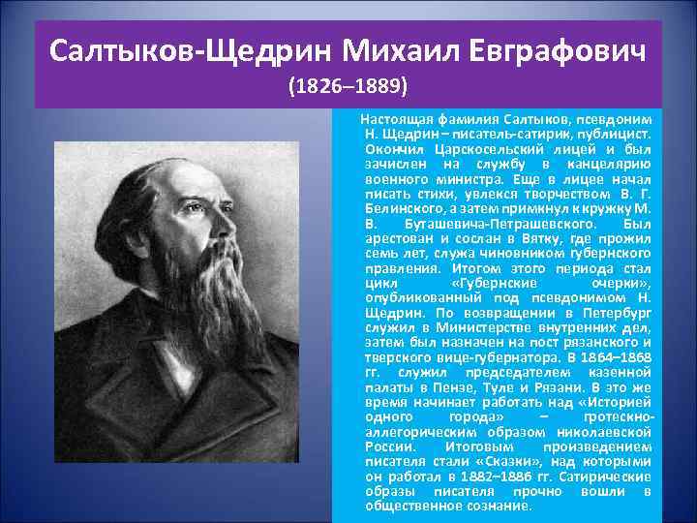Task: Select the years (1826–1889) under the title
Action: point(348,86)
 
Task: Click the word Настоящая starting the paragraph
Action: point(395,118)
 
